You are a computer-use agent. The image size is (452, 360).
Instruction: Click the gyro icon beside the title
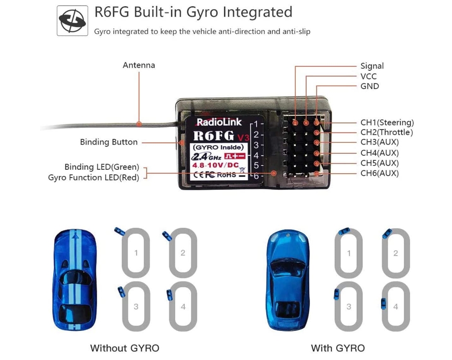click(73, 20)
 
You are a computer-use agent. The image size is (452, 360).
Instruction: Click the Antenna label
click(139, 65)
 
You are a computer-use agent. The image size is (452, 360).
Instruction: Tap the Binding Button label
click(109, 142)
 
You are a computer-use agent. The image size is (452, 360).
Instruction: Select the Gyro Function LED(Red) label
click(93, 178)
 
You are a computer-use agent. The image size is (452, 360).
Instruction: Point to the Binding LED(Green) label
click(102, 167)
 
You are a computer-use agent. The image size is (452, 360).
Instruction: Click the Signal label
click(372, 66)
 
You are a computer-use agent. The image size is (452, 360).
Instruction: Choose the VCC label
click(368, 76)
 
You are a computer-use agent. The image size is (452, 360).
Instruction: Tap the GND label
click(370, 86)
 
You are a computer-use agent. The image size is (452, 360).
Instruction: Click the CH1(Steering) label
click(387, 122)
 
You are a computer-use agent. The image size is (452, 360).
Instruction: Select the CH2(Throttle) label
click(387, 132)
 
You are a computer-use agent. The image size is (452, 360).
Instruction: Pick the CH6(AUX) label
click(379, 173)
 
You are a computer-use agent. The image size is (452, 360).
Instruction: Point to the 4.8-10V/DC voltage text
click(215, 165)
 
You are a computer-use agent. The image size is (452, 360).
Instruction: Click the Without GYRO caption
click(124, 348)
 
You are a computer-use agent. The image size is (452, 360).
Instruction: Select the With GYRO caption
click(338, 348)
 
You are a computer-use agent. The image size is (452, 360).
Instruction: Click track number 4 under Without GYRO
click(183, 306)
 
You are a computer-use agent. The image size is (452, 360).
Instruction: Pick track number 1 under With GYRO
click(349, 253)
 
